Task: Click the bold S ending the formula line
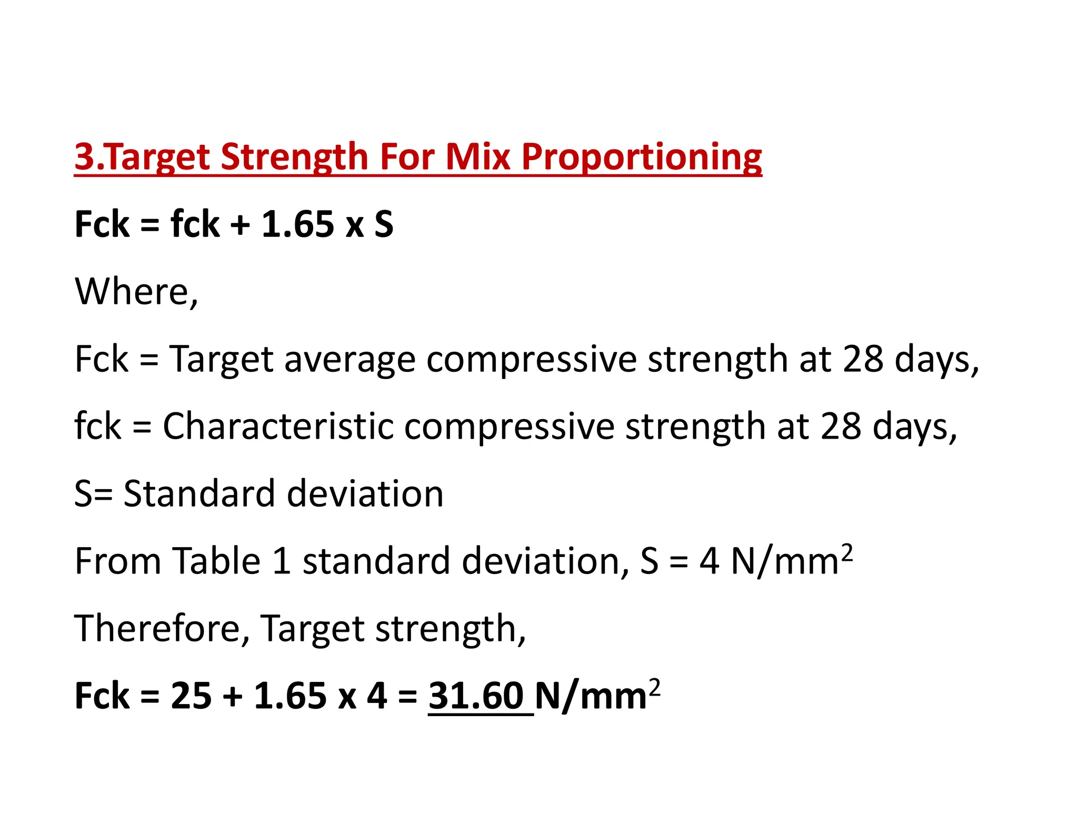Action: [384, 224]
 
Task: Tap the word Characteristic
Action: [278, 426]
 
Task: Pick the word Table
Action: [217, 561]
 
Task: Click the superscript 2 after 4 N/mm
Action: [846, 552]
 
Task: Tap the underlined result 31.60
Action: [476, 696]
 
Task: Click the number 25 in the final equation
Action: [191, 696]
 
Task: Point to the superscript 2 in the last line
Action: [654, 687]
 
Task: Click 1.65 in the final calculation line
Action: [290, 696]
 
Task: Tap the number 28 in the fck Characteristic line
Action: [841, 426]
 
